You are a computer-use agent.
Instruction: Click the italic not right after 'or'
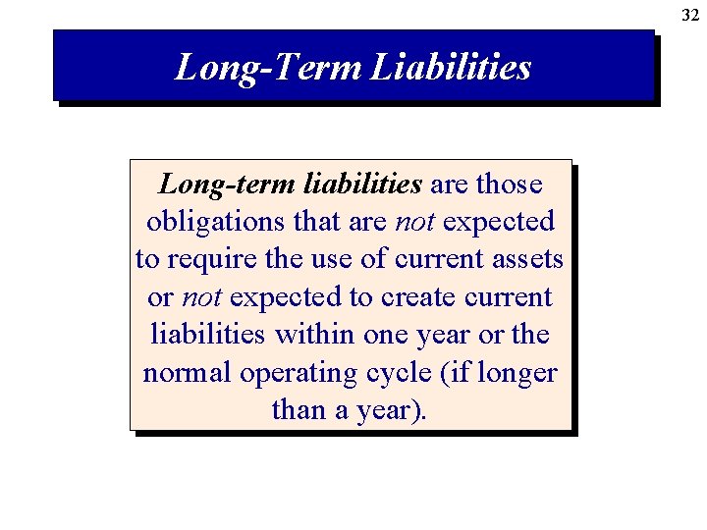201,296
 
